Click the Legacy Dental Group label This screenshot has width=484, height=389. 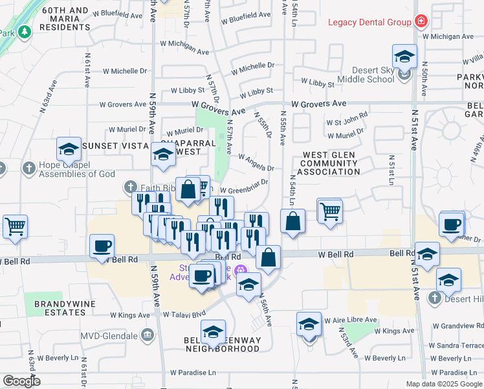click(369, 22)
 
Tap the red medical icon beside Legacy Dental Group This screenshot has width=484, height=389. click(421, 21)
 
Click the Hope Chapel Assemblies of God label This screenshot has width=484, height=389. click(76, 169)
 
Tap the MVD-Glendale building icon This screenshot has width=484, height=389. click(148, 335)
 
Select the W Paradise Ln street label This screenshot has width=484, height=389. click(192, 373)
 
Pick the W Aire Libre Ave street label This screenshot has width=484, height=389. click(352, 320)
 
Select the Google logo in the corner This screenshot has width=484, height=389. click(22, 381)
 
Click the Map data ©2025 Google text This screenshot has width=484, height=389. click(443, 384)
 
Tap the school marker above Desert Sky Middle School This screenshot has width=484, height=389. click(404, 56)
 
